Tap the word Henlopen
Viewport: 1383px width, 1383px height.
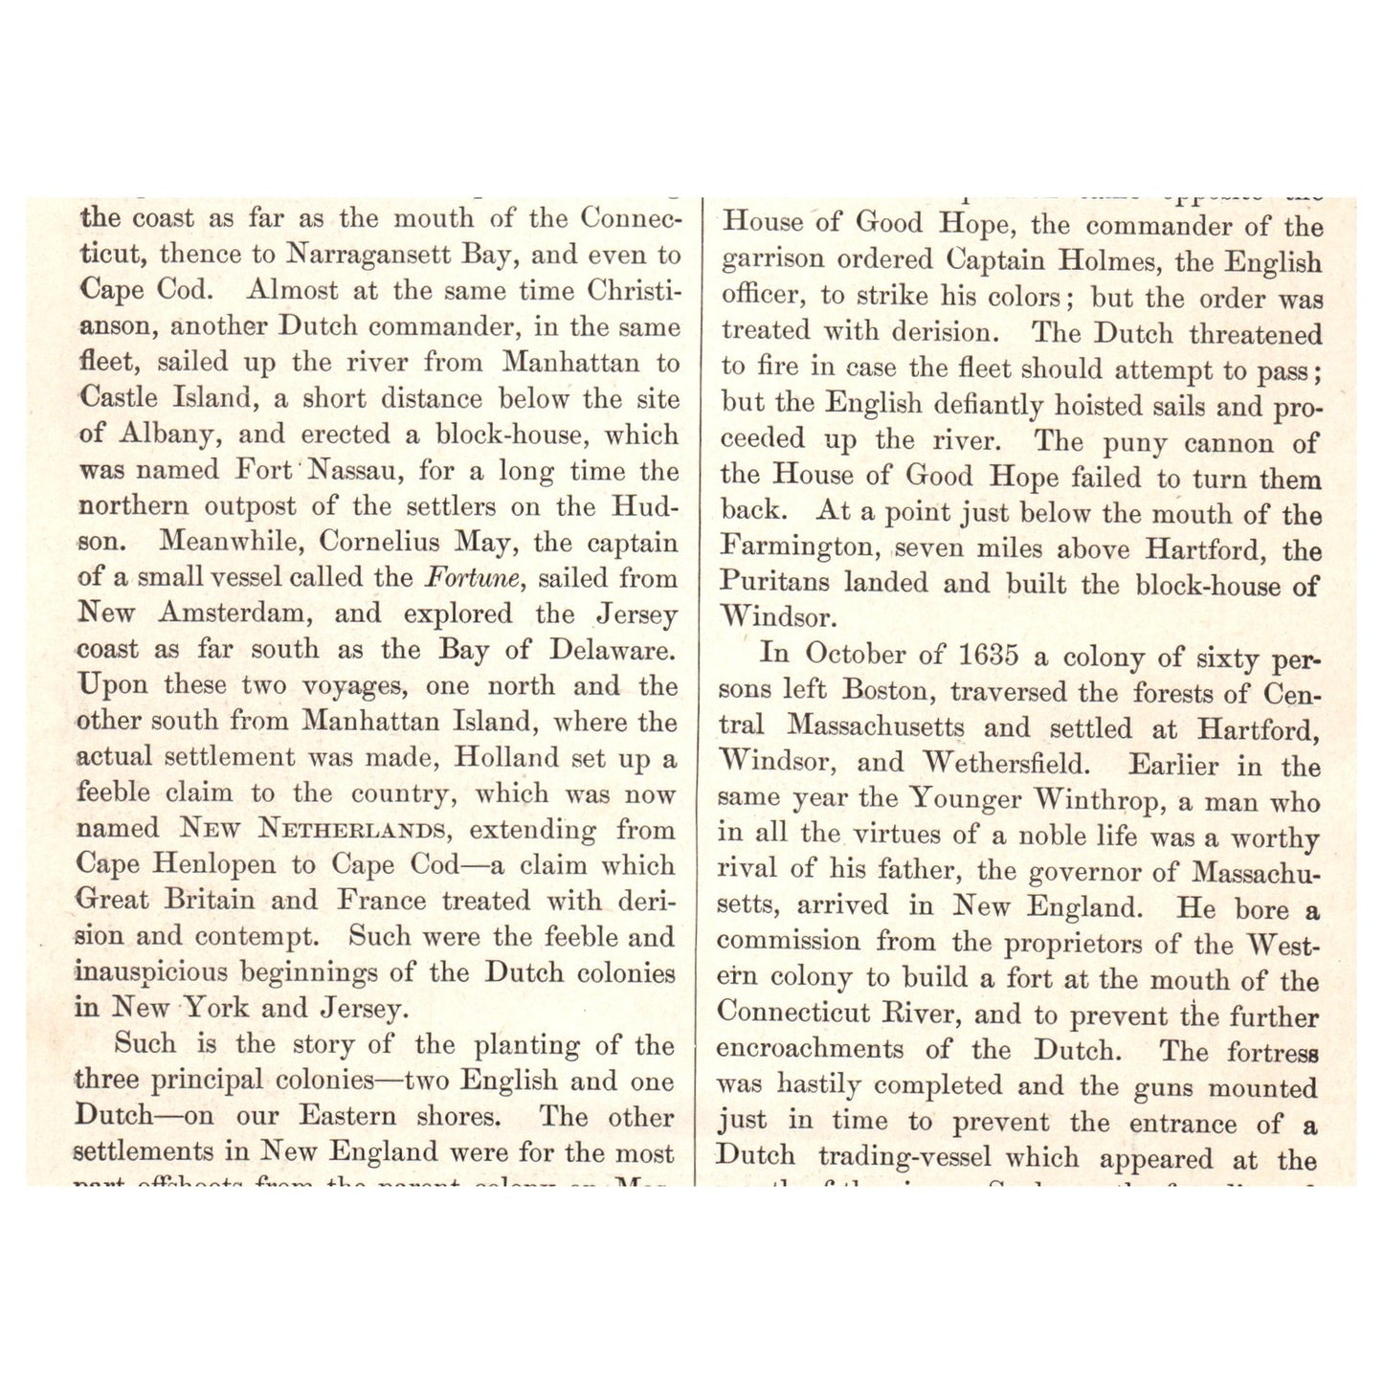(x=216, y=864)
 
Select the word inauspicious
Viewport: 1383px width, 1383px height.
(x=151, y=972)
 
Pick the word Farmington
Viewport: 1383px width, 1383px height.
(x=802, y=548)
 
